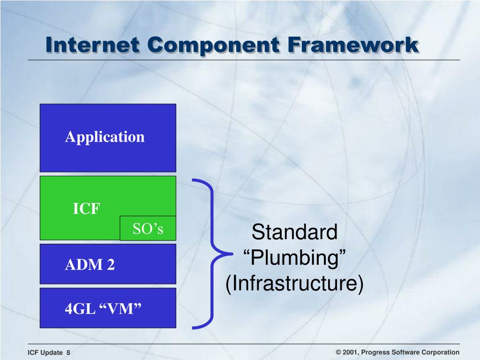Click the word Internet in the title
(92, 45)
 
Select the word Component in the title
(213, 45)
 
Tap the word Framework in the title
(353, 45)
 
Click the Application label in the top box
(105, 137)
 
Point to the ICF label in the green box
(86, 209)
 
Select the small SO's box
(148, 228)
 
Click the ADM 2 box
(108, 264)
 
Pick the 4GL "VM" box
(108, 308)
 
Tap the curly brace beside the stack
(212, 254)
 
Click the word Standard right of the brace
(294, 232)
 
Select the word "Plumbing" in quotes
(294, 258)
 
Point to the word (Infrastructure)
(294, 284)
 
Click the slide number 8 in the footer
(68, 352)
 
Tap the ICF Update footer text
(45, 352)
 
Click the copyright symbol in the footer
(338, 352)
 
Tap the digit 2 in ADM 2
(111, 264)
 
